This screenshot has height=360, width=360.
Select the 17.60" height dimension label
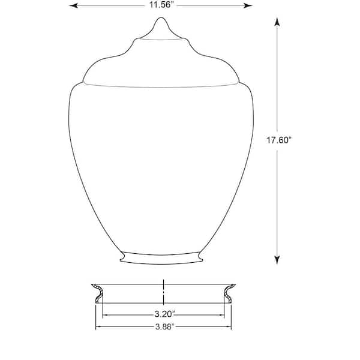[x=278, y=140]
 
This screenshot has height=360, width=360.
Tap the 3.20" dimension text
[x=165, y=314]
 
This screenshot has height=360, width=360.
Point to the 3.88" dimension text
[x=165, y=326]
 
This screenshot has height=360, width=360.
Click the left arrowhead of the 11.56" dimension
[x=73, y=5]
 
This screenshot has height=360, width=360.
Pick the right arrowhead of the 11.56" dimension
[x=248, y=5]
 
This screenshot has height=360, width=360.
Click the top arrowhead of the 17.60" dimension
[x=277, y=22]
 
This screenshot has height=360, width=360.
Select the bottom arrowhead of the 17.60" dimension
[x=277, y=260]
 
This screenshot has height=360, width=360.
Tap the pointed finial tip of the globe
[x=161, y=18]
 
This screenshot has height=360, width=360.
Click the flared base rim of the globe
[x=161, y=258]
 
